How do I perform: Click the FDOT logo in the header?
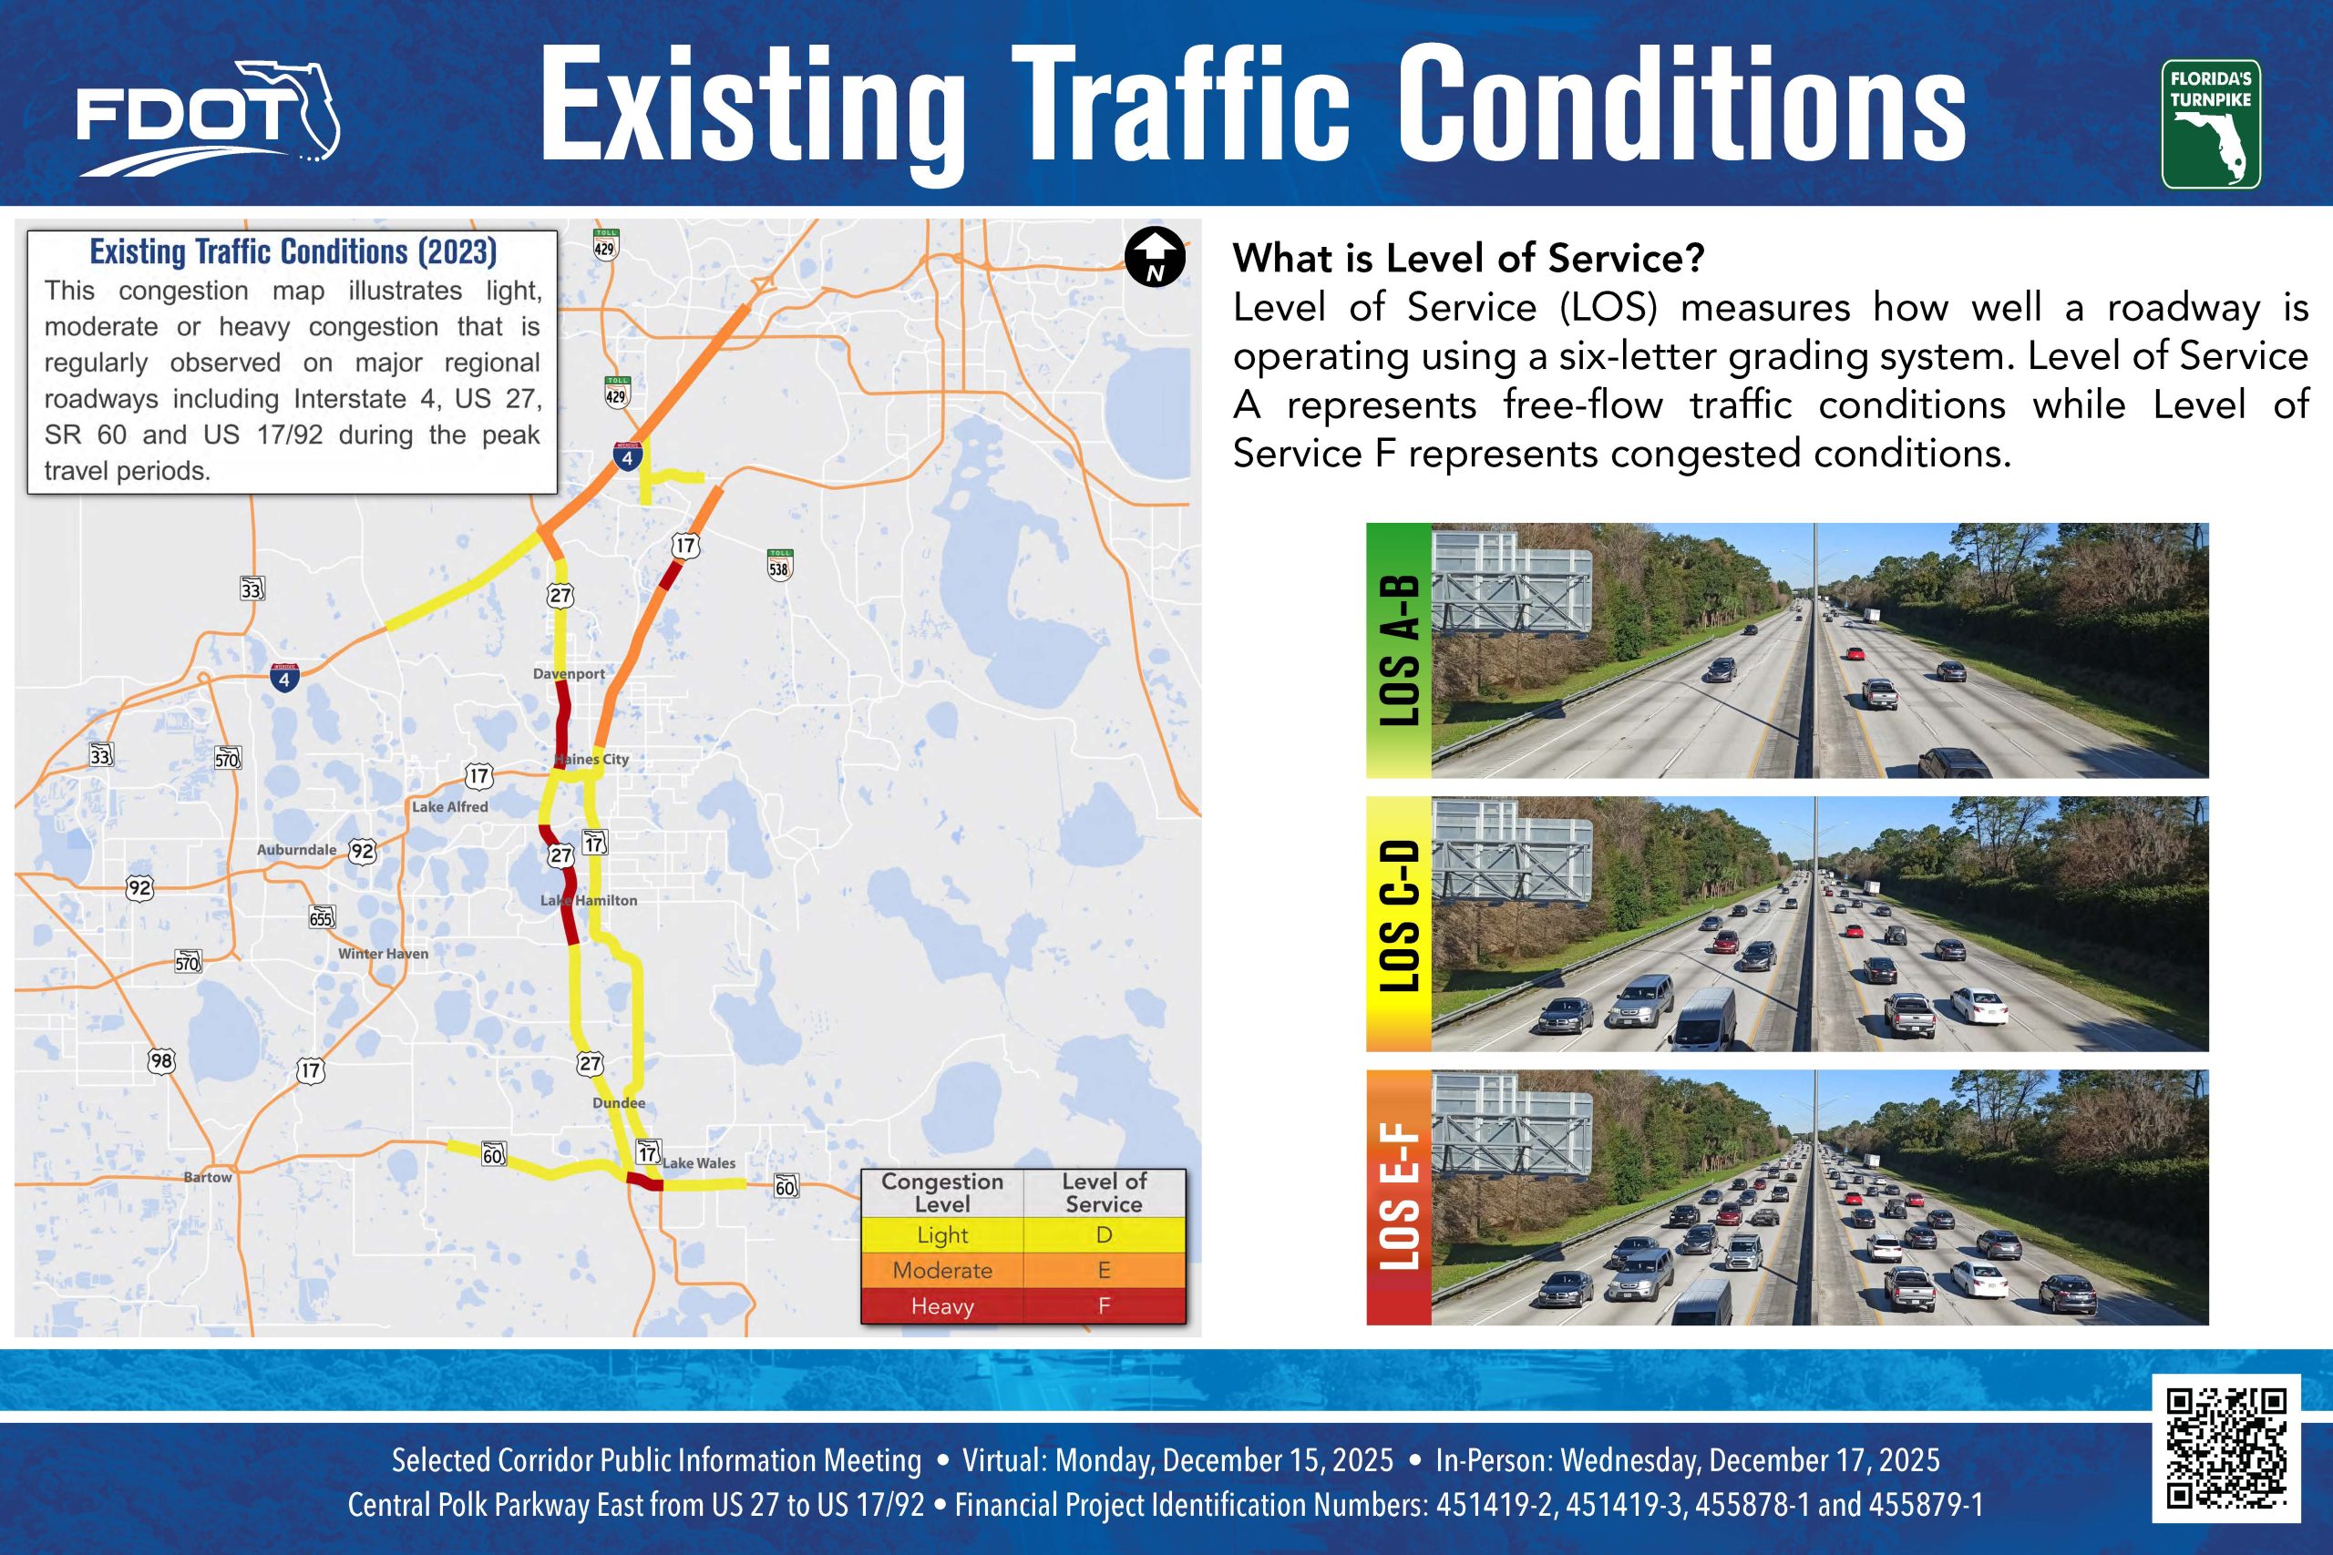tap(207, 117)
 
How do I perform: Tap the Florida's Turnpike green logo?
tap(2211, 124)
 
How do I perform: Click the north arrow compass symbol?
tap(1155, 257)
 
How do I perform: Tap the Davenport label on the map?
tap(569, 673)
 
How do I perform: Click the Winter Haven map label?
tap(383, 953)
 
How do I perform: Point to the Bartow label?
tap(207, 1177)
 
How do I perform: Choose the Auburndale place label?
tap(296, 850)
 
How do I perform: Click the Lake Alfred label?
tap(450, 807)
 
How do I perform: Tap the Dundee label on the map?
tap(619, 1103)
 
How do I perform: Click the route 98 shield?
tap(160, 1061)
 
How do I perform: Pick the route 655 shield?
tap(322, 917)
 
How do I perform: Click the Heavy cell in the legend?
tap(942, 1306)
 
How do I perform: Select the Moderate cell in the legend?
tap(942, 1271)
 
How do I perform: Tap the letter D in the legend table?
tap(1104, 1234)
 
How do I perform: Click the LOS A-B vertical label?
tap(1399, 650)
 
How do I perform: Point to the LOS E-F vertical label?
tap(1399, 1197)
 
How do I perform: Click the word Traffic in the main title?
tap(1180, 104)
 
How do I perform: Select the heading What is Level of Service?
tap(1468, 258)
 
